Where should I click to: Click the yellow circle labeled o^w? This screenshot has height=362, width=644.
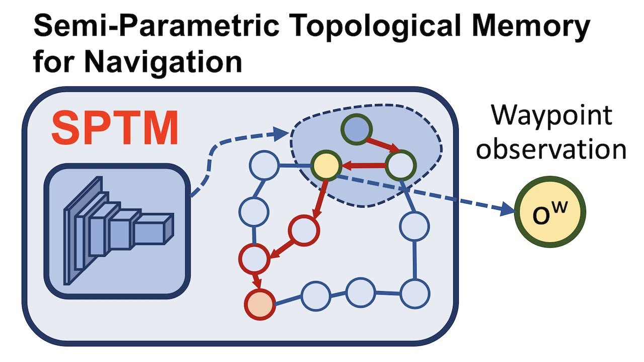pos(550,212)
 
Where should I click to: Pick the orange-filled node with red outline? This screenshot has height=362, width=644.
pos(260,304)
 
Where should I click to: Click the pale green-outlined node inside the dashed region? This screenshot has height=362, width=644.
pos(401,164)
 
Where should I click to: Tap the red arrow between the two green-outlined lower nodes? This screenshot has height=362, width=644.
pos(363,164)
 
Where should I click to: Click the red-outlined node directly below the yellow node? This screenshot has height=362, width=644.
pos(304,230)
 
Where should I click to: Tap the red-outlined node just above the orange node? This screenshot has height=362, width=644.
pos(254,258)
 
